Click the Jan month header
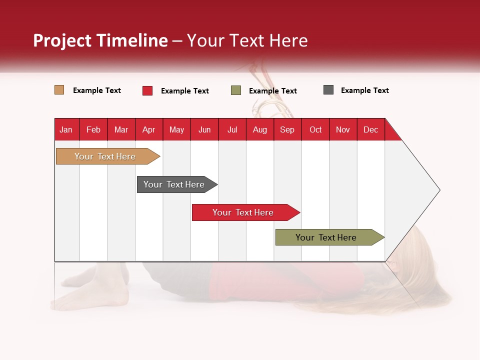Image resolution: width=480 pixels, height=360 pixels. tap(66, 129)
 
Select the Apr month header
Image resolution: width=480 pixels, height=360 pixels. tap(148, 129)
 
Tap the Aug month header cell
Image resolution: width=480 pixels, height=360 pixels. tap(259, 129)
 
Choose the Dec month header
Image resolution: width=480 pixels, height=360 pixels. tap(370, 129)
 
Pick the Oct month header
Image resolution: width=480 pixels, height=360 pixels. tap(315, 129)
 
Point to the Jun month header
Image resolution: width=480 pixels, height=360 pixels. tap(204, 129)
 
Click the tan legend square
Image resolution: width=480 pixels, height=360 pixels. tap(59, 90)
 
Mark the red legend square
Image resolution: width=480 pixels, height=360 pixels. tap(147, 90)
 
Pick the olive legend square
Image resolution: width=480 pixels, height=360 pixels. tap(235, 90)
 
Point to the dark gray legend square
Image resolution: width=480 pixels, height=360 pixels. tap(328, 90)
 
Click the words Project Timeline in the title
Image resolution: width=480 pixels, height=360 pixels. tap(100, 40)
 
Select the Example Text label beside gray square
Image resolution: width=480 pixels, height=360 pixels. tap(364, 90)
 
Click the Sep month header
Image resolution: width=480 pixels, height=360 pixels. tap(287, 129)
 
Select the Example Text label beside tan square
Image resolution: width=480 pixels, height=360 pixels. tap(96, 90)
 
